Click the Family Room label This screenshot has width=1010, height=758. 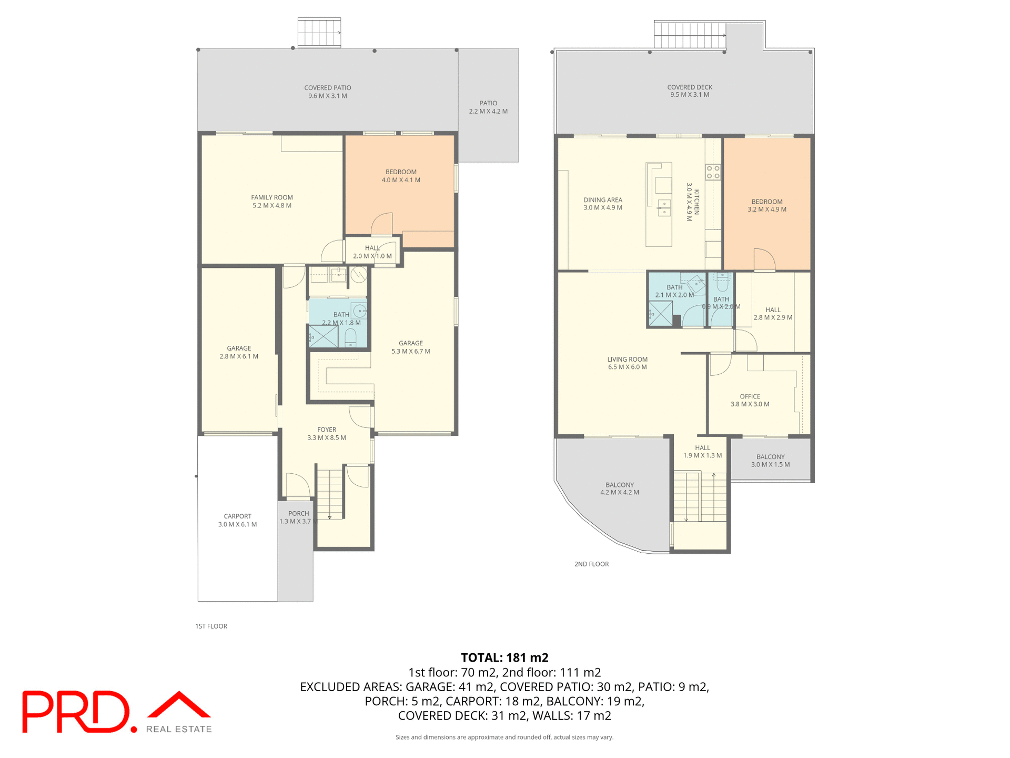[271, 198]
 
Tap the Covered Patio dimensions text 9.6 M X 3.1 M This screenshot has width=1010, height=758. [327, 96]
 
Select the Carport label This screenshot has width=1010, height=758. [237, 516]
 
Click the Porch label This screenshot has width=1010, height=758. [298, 514]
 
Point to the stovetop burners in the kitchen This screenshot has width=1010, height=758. [713, 172]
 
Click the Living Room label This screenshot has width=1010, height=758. [627, 360]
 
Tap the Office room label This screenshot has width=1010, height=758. [750, 396]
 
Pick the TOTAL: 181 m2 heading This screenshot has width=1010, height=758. [504, 657]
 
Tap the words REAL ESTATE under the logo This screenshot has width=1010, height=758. [179, 729]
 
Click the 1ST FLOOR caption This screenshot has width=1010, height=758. [211, 626]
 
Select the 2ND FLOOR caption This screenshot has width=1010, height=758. [591, 564]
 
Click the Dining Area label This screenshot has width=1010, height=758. [602, 200]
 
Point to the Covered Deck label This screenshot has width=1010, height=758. [689, 87]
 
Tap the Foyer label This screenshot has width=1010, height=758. [326, 430]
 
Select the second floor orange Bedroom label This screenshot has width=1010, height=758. [766, 202]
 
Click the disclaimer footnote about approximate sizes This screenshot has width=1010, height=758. [504, 737]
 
